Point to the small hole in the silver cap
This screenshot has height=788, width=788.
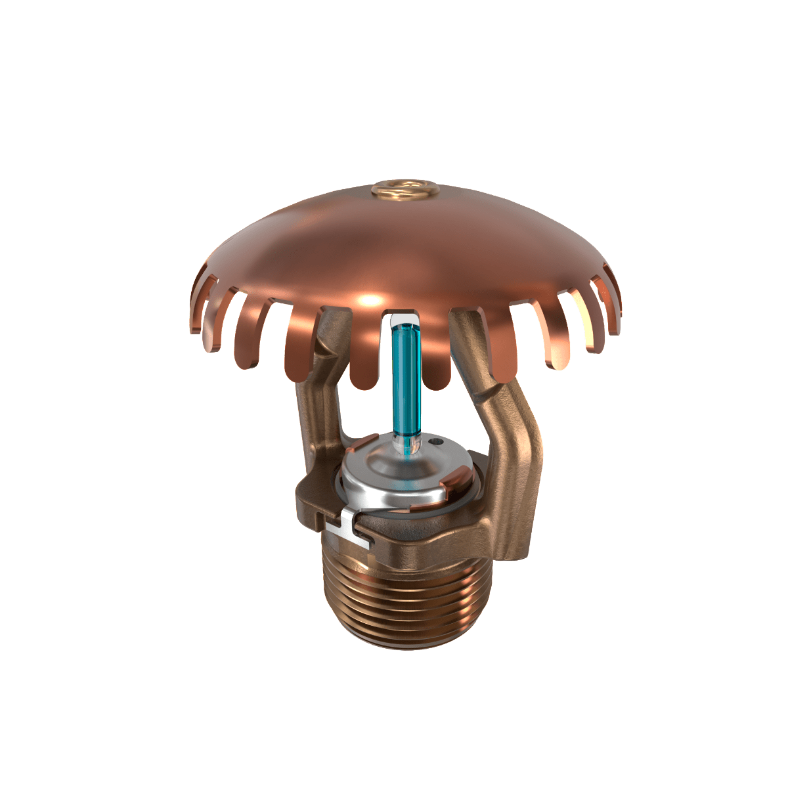tap(435, 445)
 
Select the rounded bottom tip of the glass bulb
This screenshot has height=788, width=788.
tap(406, 447)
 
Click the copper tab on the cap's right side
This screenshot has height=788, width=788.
tap(453, 487)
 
